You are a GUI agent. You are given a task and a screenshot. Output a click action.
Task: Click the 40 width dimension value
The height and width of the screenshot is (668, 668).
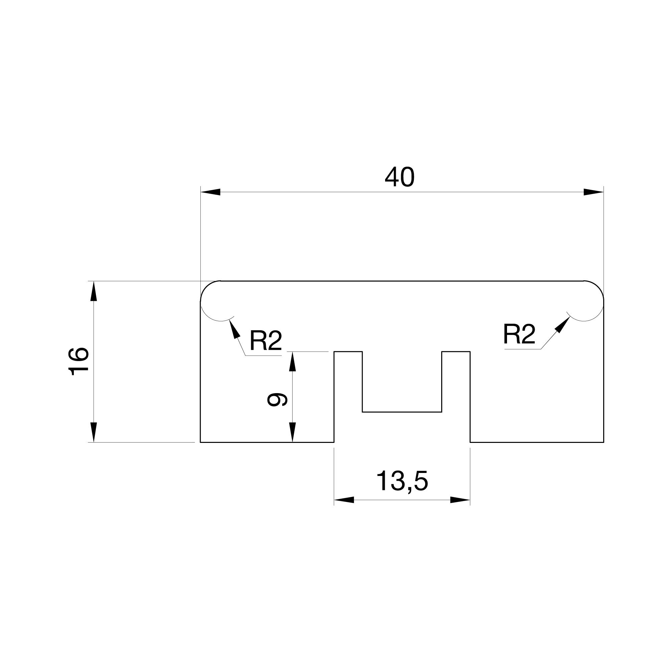click(x=399, y=177)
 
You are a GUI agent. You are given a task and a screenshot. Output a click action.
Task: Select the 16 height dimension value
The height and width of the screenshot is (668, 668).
click(x=79, y=362)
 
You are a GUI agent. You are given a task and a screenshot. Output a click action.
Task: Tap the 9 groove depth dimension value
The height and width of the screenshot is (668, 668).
click(x=277, y=399)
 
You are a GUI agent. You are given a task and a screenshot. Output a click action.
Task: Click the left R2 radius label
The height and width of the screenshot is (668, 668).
click(x=266, y=341)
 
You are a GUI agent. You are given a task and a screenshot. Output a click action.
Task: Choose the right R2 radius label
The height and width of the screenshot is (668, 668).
click(x=519, y=334)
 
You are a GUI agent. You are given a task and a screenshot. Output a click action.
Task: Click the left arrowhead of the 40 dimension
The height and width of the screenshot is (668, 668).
click(x=210, y=192)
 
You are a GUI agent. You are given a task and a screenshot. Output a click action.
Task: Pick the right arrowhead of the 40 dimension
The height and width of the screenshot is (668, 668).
click(x=594, y=192)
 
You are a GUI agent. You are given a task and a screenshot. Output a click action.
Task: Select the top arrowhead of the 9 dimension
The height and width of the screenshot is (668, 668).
click(x=293, y=362)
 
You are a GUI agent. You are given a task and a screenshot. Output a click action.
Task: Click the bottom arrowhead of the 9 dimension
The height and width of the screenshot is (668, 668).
click(x=293, y=432)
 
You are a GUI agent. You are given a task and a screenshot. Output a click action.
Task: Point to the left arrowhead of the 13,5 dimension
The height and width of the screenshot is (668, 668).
click(x=344, y=500)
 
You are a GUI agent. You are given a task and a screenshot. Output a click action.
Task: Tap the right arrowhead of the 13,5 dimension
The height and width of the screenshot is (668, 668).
click(x=460, y=500)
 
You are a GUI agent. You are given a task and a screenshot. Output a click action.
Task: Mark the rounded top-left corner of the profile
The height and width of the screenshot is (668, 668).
click(x=207, y=287)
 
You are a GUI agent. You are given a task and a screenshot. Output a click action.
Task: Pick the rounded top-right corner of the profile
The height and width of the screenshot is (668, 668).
click(x=598, y=287)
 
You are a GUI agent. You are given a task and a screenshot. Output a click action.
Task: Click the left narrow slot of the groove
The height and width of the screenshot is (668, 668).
click(x=348, y=397)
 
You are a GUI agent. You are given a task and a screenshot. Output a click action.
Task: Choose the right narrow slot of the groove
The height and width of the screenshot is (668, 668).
click(x=456, y=397)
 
